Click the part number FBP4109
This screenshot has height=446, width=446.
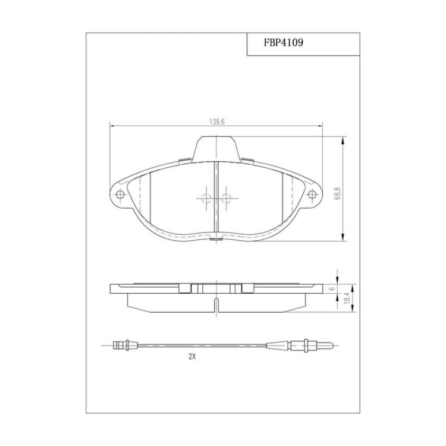click(x=283, y=43)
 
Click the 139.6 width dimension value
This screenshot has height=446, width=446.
click(x=217, y=122)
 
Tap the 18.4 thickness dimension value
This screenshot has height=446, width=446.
click(x=347, y=299)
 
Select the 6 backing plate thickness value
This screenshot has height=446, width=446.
click(x=331, y=288)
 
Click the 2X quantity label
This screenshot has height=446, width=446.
click(x=192, y=356)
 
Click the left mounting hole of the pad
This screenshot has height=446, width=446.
click(x=120, y=194)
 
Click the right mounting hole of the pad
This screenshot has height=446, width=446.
click(x=312, y=194)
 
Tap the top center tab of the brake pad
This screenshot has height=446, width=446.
click(x=216, y=149)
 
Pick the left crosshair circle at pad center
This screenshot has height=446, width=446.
click(x=206, y=198)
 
